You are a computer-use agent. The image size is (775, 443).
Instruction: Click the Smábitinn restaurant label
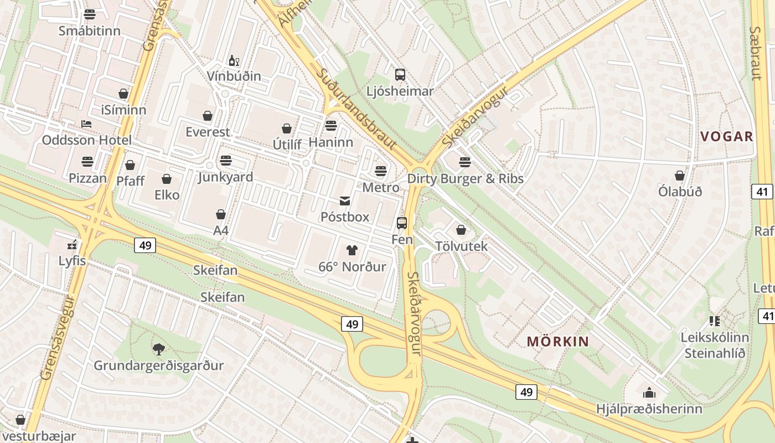click(90, 30)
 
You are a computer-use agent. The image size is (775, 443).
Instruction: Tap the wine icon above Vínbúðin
click(234, 60)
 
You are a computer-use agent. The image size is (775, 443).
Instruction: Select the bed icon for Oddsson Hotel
click(86, 123)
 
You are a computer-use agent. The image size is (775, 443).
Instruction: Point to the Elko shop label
click(167, 195)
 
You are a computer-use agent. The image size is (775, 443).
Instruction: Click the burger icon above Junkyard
click(225, 161)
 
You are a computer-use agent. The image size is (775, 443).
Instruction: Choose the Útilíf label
click(287, 145)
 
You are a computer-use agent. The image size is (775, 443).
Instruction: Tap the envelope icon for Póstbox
click(345, 200)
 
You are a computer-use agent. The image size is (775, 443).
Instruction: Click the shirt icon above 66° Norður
click(352, 250)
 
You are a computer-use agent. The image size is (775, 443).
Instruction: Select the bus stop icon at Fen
click(402, 223)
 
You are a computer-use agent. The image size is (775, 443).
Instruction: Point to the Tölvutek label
click(461, 246)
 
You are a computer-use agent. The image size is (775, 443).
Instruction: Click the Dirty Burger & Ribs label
click(465, 179)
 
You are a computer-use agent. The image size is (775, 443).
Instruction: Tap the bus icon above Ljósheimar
click(400, 74)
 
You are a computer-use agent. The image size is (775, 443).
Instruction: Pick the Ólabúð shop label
click(680, 192)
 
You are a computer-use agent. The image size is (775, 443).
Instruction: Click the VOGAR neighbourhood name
click(727, 136)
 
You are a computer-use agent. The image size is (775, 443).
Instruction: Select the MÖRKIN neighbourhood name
click(557, 341)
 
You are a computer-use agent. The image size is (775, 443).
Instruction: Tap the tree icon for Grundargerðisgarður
click(159, 349)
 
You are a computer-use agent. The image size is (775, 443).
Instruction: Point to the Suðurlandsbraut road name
click(356, 109)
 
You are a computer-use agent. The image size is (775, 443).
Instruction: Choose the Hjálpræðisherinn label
click(649, 409)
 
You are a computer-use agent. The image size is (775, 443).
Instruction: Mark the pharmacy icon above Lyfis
click(72, 244)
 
